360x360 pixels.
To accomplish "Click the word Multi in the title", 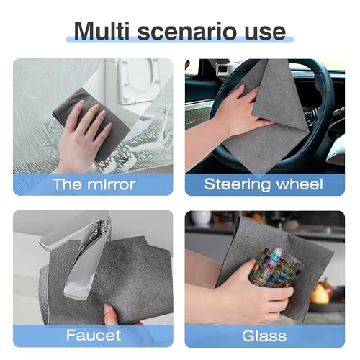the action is pos(102,31).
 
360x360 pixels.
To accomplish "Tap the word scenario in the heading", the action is pos(187,32).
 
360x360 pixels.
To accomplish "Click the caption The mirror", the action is pos(94,184).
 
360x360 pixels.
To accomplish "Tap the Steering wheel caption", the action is pos(264,184).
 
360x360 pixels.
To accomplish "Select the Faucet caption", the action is pos(94,335).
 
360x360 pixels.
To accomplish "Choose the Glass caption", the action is pos(264,336).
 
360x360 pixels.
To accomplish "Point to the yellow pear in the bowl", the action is pos(319,294).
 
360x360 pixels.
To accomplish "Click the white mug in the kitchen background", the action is pos(200,218).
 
